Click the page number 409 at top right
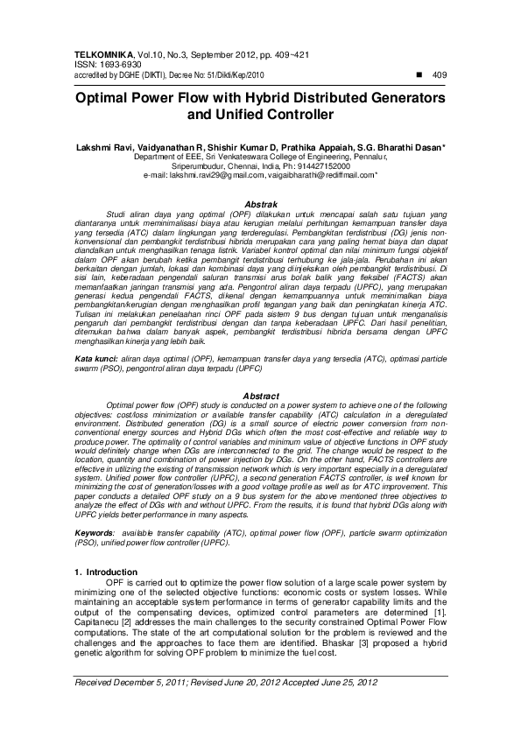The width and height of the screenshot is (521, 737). (x=440, y=75)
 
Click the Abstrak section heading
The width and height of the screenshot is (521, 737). (x=261, y=203)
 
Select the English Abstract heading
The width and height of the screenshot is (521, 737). (x=261, y=396)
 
